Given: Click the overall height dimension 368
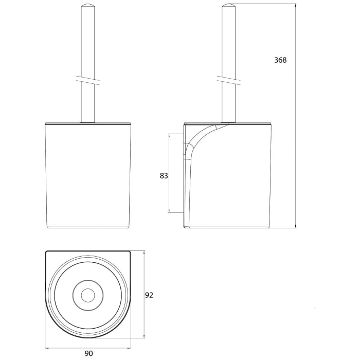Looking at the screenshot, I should point(280,60).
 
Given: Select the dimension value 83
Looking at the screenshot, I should point(164,175).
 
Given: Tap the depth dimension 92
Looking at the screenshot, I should point(149,295).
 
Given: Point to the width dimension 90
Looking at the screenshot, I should point(88,353).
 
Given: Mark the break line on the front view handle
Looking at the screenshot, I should point(87,80).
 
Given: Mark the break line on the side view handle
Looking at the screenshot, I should point(228,80).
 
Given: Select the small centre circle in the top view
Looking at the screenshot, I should point(88,295).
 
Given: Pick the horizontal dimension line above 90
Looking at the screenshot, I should point(88,346).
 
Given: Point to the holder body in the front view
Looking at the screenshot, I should point(87,175).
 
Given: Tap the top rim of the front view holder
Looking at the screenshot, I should point(87,123).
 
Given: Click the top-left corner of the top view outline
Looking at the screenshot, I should point(47,252).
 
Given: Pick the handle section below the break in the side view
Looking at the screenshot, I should point(228,103).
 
